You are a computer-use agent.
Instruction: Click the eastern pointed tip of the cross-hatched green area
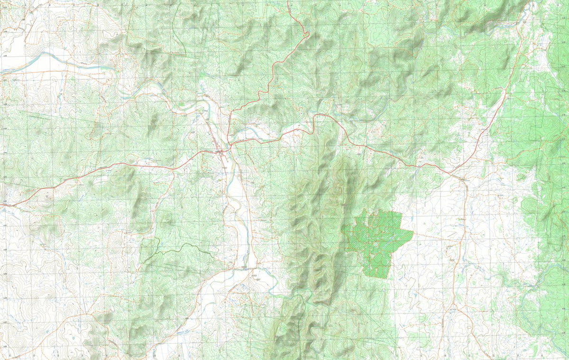coord(413,233)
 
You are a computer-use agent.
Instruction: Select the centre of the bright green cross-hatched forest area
coord(377,240)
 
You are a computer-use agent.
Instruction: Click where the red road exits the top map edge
coord(288,1)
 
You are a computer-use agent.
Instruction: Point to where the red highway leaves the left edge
coord(1,205)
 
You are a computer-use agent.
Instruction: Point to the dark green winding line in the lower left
coord(180,247)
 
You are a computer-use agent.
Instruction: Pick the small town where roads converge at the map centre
coord(220,152)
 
